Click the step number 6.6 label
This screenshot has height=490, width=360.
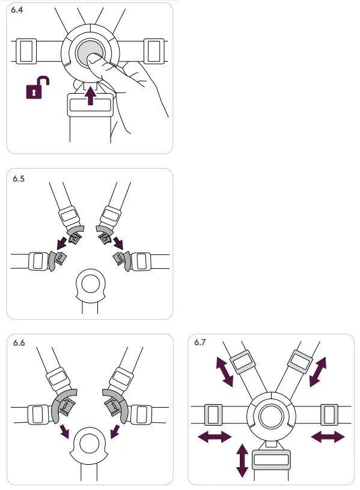pyautogui.click(x=19, y=343)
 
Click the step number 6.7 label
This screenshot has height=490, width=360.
pyautogui.click(x=201, y=343)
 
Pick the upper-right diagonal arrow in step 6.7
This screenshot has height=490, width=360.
pyautogui.click(x=318, y=370)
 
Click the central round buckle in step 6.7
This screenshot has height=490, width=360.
pyautogui.click(x=272, y=415)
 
